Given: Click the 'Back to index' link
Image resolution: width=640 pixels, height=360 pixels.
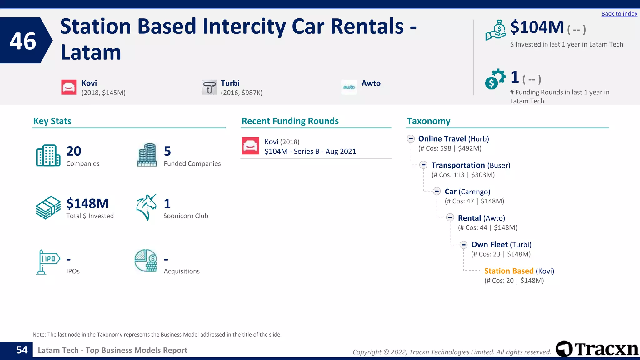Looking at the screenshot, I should pos(619,14).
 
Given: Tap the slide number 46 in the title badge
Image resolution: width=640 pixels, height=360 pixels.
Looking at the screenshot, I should pos(23,41).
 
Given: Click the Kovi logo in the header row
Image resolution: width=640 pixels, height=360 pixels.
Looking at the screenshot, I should pos(69,87).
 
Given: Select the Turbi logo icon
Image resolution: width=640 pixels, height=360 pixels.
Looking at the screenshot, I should pos(209,87).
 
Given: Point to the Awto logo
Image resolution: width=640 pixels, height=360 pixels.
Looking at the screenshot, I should pos(349,87).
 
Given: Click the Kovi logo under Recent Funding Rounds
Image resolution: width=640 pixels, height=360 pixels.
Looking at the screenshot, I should pos(250,146).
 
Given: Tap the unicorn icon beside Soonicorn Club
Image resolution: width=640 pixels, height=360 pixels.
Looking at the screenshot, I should pos(146,207).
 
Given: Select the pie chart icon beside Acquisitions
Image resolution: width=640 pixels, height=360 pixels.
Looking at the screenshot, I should pos(146,261).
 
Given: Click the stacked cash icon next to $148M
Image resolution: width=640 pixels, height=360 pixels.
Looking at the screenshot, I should pos(48,207).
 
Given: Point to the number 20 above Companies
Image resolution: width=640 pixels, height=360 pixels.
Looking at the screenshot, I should pos(74,151).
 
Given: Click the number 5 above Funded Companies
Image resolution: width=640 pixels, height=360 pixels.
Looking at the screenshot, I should pos(167,151).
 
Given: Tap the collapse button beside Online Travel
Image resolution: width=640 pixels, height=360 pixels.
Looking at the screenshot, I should pos(411,139).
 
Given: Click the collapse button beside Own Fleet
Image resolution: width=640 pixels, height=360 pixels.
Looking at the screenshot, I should pos(464,245).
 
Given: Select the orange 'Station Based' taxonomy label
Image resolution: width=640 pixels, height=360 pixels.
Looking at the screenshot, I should pos(509,271).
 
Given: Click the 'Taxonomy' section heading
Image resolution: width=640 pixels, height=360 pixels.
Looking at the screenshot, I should pos(428,121).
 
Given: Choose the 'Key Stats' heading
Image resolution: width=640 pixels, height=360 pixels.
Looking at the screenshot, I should pos(52,121).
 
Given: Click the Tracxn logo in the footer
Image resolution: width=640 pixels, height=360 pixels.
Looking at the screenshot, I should pos(597,349).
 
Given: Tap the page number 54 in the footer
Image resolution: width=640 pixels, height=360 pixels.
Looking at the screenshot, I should pos(22,350).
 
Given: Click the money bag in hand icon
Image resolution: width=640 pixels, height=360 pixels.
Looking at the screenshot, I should pos(495,30).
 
